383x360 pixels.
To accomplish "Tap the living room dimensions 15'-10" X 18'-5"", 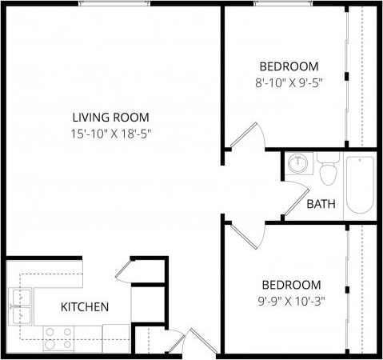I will pos(110,134).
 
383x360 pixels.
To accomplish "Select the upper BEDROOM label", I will pos(289,66).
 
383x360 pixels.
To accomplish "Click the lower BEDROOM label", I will pos(293,285).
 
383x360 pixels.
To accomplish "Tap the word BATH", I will pos(321,204).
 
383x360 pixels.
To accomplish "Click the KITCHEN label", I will pos(84,306).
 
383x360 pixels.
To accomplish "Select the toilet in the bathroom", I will pos(327,172).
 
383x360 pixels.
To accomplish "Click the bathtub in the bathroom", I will pos(360,184).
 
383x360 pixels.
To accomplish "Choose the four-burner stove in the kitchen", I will pos(58,338).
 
